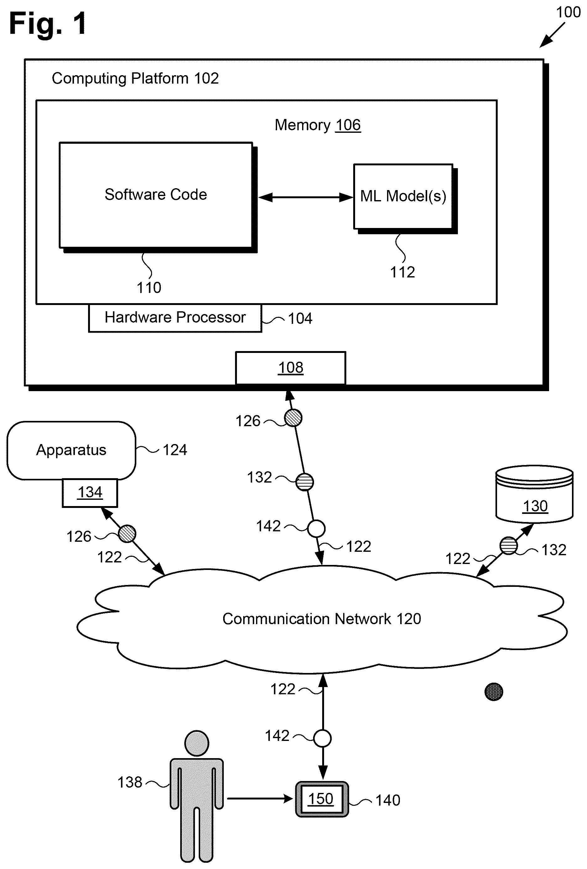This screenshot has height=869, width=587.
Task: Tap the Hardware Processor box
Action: (175, 318)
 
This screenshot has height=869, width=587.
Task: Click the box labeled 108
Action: (290, 368)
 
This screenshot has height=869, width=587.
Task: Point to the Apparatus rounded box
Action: (71, 450)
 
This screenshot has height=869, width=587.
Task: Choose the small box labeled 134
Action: (90, 493)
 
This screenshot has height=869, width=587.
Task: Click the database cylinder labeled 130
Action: (534, 494)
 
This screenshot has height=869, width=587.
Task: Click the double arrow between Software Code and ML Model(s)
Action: (306, 197)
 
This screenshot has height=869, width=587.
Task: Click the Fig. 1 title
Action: (48, 23)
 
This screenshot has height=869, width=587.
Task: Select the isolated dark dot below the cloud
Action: (494, 692)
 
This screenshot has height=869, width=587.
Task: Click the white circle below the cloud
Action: (322, 738)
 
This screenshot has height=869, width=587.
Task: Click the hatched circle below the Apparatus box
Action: (127, 534)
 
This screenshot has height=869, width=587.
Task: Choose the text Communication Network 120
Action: (322, 619)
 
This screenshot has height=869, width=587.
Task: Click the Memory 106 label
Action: (317, 125)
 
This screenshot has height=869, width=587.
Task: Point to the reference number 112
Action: (402, 272)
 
